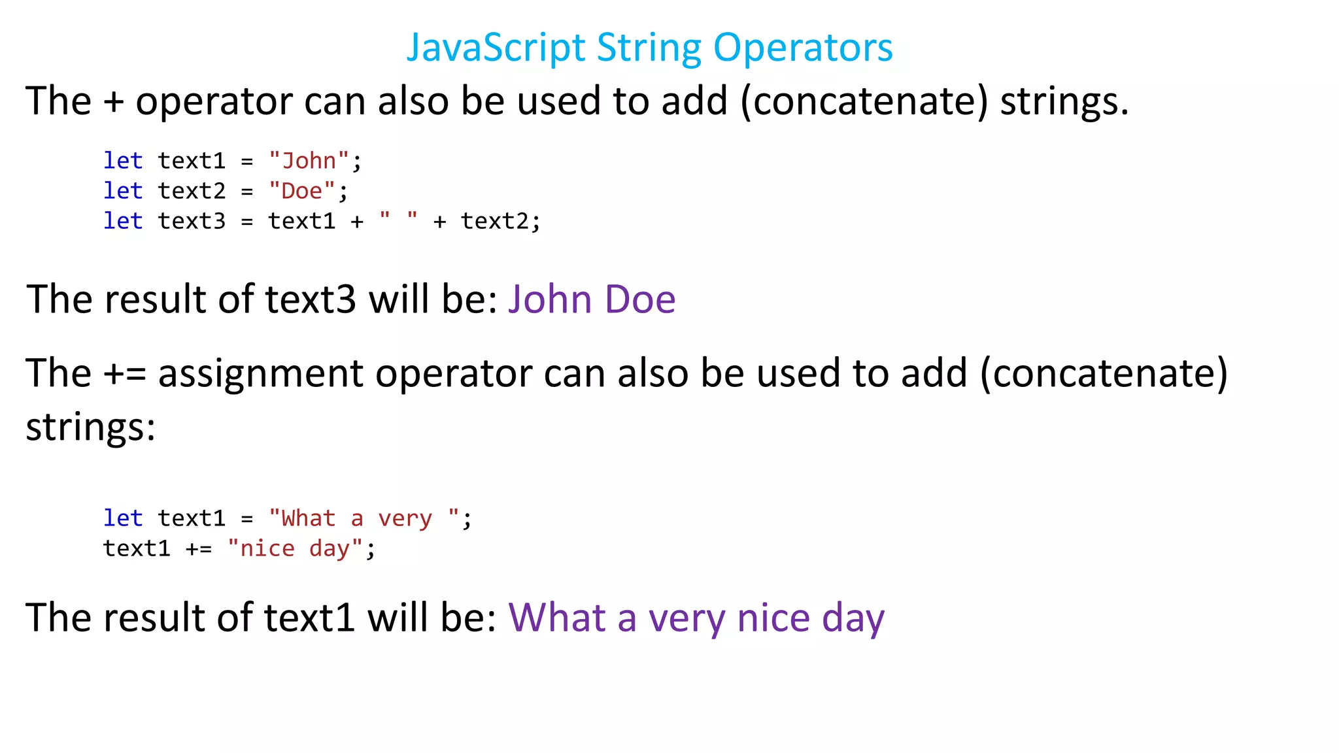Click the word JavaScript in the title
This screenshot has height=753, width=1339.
coord(496,48)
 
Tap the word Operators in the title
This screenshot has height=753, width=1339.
coord(803,48)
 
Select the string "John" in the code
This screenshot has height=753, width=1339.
coord(309,161)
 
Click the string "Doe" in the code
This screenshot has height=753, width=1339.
coord(302,191)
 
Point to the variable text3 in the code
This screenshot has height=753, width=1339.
coord(192,221)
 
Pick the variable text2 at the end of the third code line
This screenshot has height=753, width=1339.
coord(494,221)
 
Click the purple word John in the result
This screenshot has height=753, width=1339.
coord(550,299)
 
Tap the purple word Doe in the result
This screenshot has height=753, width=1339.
coord(640,299)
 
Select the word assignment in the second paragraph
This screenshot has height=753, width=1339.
coord(260,374)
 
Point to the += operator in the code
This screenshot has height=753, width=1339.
coord(199,548)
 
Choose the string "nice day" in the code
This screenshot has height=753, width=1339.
coord(295,548)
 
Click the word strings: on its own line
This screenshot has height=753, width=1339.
coord(91,427)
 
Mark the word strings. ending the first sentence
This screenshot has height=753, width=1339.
coord(1064,101)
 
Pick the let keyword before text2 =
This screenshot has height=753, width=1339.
coord(123,191)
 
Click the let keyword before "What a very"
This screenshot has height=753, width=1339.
coord(123,518)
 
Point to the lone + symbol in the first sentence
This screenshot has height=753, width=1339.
coord(113,101)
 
